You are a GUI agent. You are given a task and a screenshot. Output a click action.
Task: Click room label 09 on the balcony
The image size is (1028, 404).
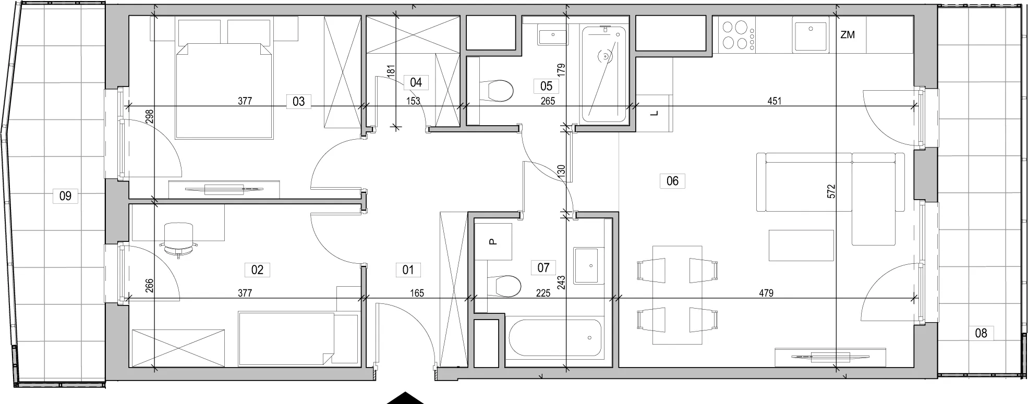tap(65, 197)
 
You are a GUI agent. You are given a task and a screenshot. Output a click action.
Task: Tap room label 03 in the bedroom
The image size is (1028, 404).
tap(298, 101)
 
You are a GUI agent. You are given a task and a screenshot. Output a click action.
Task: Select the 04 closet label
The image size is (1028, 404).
tap(416, 82)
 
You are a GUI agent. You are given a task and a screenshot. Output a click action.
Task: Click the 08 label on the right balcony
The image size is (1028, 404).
tap(981, 333)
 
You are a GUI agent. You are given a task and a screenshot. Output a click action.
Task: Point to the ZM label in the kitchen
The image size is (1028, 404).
tap(848, 35)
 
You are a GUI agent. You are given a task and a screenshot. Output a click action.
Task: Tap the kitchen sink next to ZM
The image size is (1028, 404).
tap(811, 34)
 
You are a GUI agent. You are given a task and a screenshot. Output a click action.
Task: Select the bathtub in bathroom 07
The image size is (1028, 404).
tap(554, 337)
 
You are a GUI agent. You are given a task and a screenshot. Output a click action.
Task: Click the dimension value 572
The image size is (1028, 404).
tap(831, 191)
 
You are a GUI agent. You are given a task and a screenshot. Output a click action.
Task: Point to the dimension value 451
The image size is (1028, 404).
tap(775, 101)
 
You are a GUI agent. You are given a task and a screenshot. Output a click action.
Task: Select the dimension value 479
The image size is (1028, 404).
tap(766, 293)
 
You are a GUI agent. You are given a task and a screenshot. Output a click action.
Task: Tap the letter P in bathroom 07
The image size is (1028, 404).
tap(493, 241)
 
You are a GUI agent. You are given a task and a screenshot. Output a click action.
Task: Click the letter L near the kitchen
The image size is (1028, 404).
tap(655, 113)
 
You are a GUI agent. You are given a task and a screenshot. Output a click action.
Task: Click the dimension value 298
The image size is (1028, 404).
tap(150, 116)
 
